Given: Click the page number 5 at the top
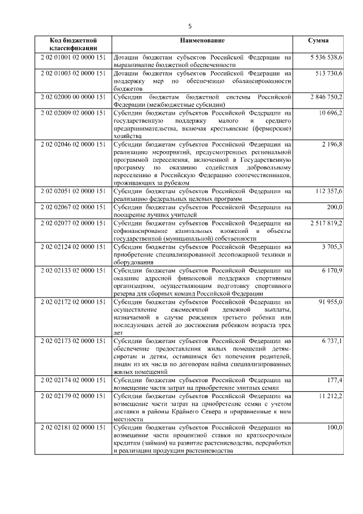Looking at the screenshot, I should coord(191,26).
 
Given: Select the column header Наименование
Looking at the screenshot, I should coord(202,41).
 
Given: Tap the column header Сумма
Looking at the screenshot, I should coord(318,41).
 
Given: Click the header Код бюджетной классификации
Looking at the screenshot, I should coord(73,45).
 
